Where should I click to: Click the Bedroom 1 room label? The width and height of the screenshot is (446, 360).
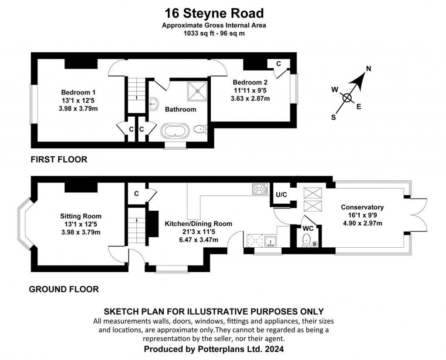click(x=78, y=92)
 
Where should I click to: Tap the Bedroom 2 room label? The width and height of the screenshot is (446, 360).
click(x=250, y=82)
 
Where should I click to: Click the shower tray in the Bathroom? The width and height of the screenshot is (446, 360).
click(x=197, y=91)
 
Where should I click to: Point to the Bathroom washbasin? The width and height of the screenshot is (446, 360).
click(x=154, y=104)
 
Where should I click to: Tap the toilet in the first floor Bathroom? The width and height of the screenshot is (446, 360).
click(x=201, y=130)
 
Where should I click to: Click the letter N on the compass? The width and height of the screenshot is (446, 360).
click(x=368, y=68)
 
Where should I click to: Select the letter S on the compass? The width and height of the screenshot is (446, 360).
click(x=333, y=117)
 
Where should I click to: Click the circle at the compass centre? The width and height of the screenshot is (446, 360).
click(x=347, y=98)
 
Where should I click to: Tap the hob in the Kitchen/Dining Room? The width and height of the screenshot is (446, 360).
click(x=260, y=189)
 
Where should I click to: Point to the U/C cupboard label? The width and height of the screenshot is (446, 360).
click(x=281, y=195)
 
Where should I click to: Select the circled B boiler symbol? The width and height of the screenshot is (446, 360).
click(x=314, y=244)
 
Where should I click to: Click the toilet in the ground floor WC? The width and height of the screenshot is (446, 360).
click(x=306, y=240)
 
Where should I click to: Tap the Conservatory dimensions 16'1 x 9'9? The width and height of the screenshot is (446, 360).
click(x=362, y=215)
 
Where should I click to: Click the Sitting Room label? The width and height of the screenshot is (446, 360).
click(x=81, y=216)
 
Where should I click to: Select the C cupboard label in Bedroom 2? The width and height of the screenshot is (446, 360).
click(x=278, y=64)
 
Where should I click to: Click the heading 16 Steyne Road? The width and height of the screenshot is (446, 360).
click(x=214, y=13)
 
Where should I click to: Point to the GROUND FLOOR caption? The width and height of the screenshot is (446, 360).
click(x=64, y=289)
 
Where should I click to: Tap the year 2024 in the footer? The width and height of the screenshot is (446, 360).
click(x=274, y=349)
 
